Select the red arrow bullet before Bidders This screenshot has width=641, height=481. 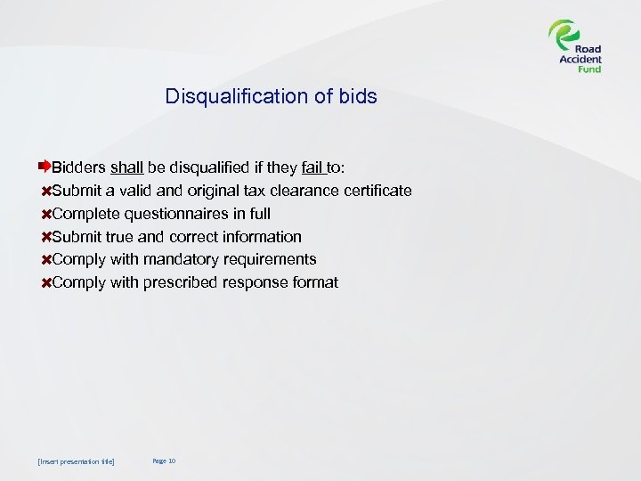coord(45,167)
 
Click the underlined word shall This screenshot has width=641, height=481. coord(127,167)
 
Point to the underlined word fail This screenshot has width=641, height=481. coord(314,167)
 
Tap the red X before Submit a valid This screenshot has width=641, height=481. coord(46,192)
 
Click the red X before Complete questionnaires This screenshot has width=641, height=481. coord(46,215)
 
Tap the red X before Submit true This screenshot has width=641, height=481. coord(46,238)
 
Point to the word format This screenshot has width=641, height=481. coord(312,283)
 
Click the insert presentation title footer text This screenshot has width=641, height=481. coord(77,461)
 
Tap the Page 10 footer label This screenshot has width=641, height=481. coord(164,461)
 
